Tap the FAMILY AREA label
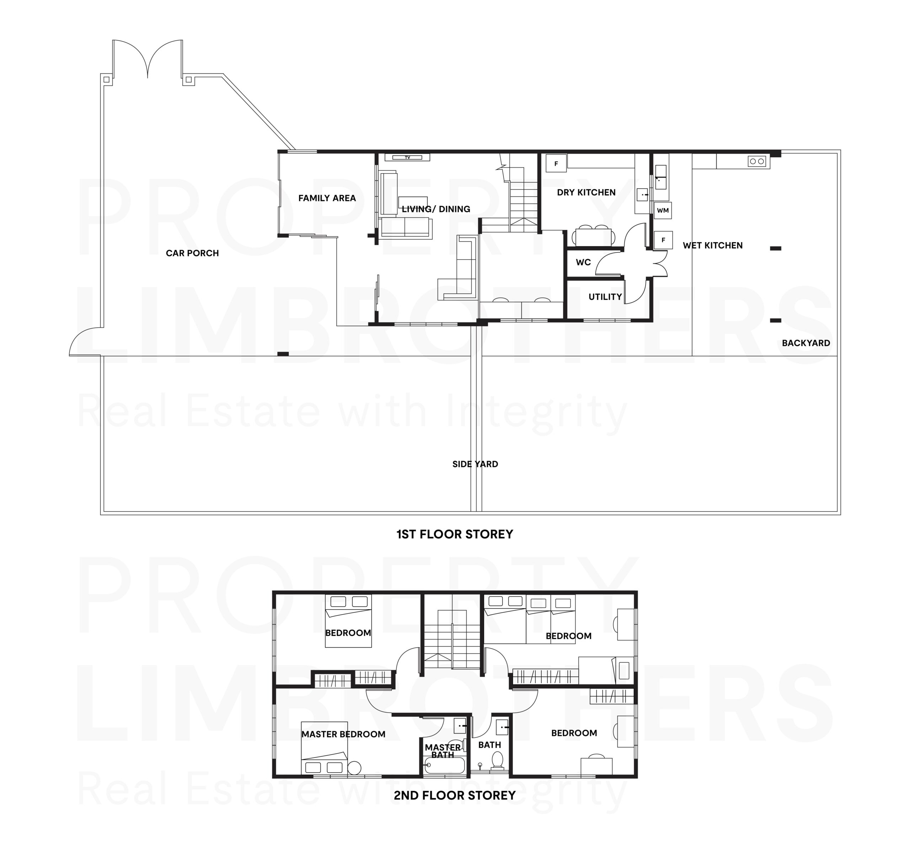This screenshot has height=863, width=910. tap(327, 198)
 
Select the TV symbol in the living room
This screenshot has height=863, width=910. tap(407, 157)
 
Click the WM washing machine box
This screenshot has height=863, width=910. tap(663, 210)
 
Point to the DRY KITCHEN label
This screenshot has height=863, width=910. tap(586, 192)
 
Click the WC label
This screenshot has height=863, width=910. tap(583, 262)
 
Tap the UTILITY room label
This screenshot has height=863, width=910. tap(605, 297)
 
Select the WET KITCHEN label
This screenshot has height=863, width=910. tap(712, 245)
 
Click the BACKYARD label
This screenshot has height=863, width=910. tap(806, 343)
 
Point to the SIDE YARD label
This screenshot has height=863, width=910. tap(475, 464)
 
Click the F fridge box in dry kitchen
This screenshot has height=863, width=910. tap(556, 163)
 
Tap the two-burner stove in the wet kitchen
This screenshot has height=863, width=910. tap(757, 161)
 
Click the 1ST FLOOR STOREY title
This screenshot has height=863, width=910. tap(455, 534)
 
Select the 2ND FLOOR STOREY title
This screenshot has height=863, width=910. tap(455, 796)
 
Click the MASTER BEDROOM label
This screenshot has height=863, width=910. tap(343, 734)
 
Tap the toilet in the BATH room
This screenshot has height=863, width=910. tap(497, 759)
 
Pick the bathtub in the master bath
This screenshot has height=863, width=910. tap(444, 765)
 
